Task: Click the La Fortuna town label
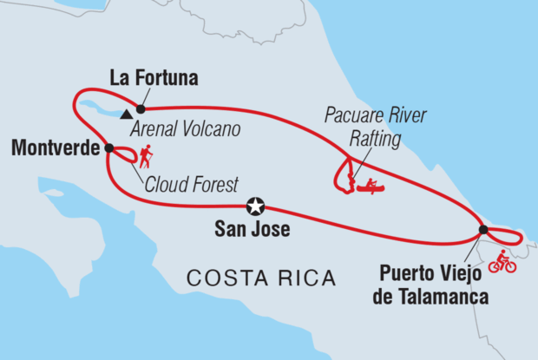click(x=154, y=78)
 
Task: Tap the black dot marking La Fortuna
click(x=140, y=108)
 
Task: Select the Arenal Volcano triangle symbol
click(x=128, y=113)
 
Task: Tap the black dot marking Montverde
click(x=108, y=147)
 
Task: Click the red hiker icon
click(x=146, y=156)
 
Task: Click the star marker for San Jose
click(x=255, y=206)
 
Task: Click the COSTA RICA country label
click(x=261, y=278)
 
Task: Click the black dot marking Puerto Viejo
click(x=483, y=230)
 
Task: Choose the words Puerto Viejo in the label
click(x=432, y=280)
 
